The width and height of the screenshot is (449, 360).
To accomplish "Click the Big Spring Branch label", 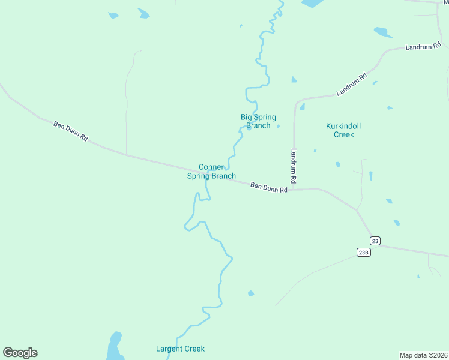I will (x=258, y=121).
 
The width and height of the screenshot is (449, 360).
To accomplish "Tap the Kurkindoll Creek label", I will (x=347, y=130).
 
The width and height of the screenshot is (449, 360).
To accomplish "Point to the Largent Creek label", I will (x=180, y=349).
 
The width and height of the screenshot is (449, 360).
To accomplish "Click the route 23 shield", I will (x=375, y=241).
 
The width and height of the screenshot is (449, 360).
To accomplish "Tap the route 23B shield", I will (x=363, y=252).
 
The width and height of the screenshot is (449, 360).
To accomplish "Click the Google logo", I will (x=20, y=353).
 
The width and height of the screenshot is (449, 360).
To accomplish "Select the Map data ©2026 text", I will (x=424, y=355).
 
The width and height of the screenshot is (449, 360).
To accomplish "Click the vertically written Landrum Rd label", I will (x=294, y=166).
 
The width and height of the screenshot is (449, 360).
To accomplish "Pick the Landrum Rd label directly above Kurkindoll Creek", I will (x=352, y=85).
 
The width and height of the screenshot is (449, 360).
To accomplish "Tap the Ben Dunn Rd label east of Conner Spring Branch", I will (x=269, y=187).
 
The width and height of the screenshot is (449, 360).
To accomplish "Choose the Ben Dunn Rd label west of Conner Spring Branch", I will (x=71, y=131).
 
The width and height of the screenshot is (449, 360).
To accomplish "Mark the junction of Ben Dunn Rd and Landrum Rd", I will (x=295, y=190).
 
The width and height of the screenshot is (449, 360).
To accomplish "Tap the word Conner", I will (x=211, y=167).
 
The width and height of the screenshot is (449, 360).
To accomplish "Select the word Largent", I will (x=169, y=349).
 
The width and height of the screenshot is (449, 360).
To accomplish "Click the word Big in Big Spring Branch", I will (x=247, y=117).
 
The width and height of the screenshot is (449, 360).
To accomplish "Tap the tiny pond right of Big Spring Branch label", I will (x=278, y=126).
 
